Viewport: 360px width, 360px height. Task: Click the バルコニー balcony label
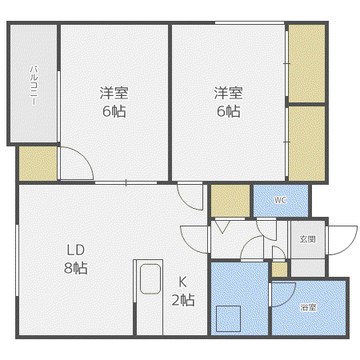click(34, 86)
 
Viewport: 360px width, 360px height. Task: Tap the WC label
click(280, 200)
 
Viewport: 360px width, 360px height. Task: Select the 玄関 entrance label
click(308, 239)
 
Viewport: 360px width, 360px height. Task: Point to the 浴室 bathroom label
click(308, 307)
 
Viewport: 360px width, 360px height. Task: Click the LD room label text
click(76, 250)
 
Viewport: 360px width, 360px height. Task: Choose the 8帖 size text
click(76, 268)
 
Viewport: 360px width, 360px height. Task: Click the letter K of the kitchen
click(182, 282)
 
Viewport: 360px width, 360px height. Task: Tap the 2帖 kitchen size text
click(183, 300)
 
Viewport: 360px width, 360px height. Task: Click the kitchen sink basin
click(150, 279)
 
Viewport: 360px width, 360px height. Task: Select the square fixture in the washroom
click(228, 318)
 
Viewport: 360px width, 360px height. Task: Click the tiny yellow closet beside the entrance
click(279, 270)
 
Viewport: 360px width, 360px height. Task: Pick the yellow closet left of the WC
click(230, 201)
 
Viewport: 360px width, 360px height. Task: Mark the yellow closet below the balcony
click(38, 163)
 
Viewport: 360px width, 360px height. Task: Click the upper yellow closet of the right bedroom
click(306, 63)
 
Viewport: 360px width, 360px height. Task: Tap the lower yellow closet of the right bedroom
click(306, 144)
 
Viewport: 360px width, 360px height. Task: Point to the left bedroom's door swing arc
click(84, 156)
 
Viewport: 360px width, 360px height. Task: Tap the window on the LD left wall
click(17, 260)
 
